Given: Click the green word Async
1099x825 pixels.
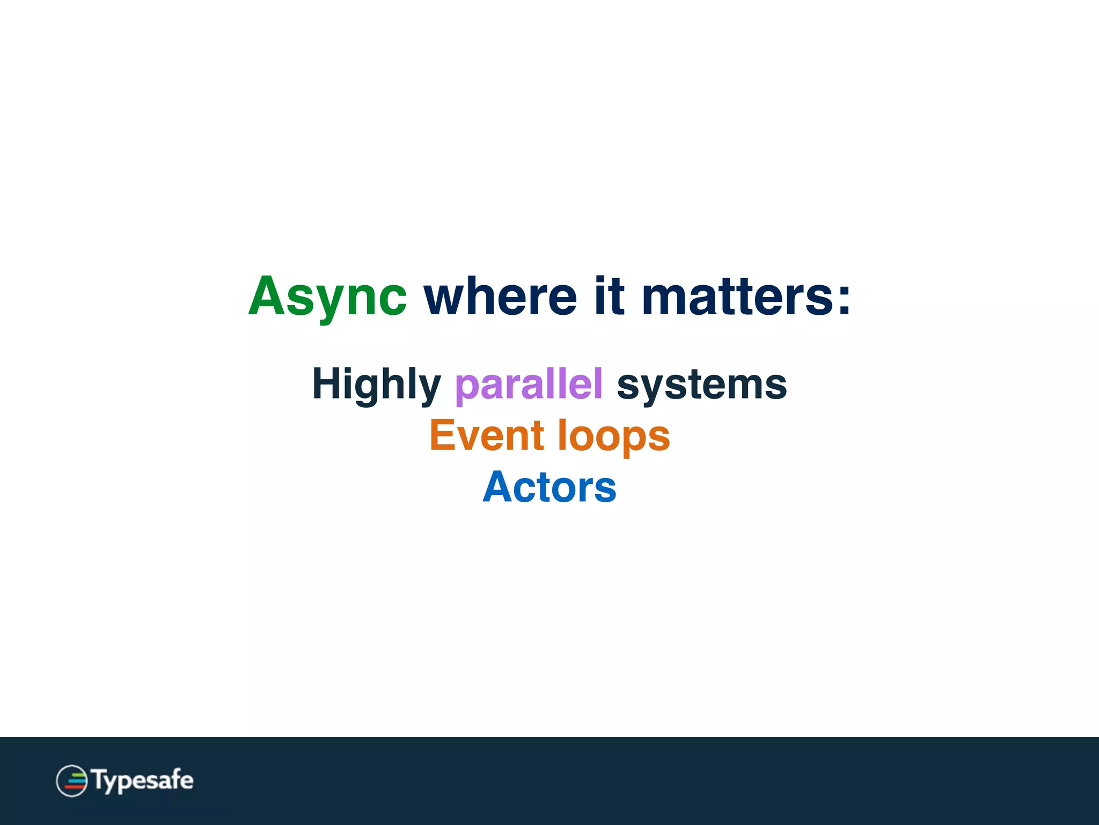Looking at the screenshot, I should [327, 296].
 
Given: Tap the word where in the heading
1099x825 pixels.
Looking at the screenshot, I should [500, 296].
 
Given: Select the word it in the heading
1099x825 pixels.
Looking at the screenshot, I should [609, 296].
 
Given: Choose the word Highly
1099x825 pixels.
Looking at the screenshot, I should [376, 384].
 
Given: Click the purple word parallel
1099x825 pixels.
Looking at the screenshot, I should [529, 384].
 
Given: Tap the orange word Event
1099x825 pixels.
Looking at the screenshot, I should [487, 436].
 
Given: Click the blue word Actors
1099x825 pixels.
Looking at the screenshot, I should [549, 487].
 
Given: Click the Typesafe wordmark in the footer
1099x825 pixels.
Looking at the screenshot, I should [143, 780].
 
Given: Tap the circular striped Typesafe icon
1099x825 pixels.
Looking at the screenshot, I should [72, 780].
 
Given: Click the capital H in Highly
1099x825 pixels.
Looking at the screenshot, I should [326, 383].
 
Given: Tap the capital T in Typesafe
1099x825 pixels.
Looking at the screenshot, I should [100, 778].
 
